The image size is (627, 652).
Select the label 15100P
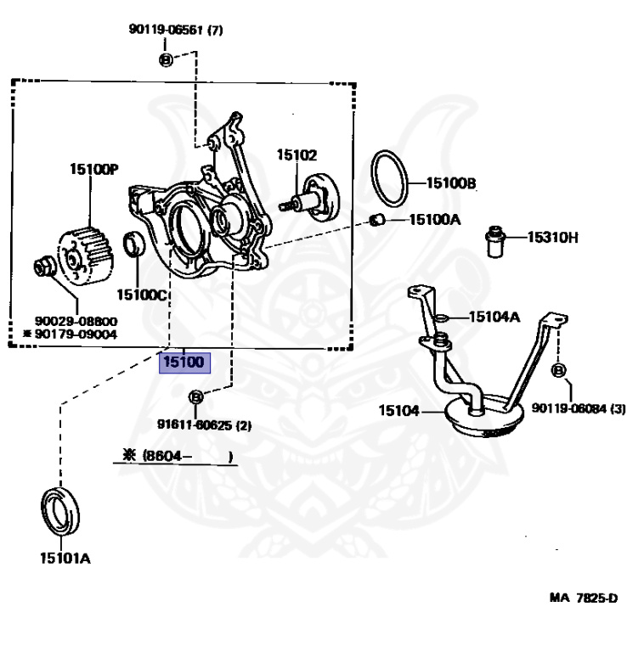[93, 169]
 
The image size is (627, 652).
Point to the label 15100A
[434, 220]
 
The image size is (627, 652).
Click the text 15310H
[552, 237]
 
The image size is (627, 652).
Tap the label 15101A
[65, 558]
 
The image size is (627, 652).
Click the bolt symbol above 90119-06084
[559, 371]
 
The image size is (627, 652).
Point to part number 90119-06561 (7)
[176, 30]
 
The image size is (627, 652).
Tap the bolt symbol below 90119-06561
[166, 59]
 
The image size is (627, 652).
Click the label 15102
[296, 155]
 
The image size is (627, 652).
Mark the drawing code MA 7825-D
[583, 598]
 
